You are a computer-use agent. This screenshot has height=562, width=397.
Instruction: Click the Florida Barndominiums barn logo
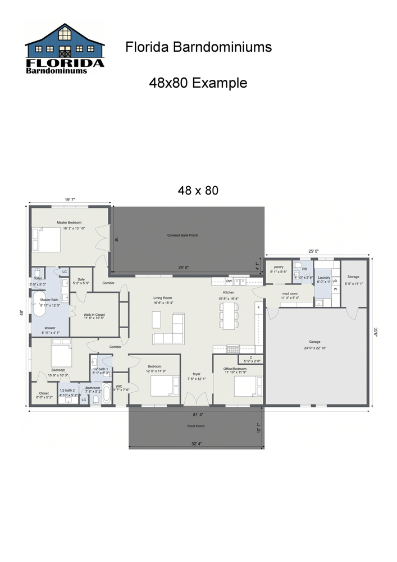[x=65, y=49]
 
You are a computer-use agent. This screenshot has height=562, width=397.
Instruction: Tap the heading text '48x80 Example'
[x=198, y=83]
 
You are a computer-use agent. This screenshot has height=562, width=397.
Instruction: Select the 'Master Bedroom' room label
[x=69, y=223]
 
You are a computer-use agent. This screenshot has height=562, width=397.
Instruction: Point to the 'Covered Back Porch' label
[x=182, y=235]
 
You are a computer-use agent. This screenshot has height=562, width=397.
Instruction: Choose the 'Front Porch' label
[x=196, y=426]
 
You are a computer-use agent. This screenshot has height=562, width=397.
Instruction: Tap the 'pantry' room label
[x=279, y=268]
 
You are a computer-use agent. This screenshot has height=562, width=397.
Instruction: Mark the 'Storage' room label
[x=353, y=277]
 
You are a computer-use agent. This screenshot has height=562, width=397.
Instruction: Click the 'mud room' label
[x=290, y=293]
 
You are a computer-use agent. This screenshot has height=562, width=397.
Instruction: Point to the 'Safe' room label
[x=81, y=280]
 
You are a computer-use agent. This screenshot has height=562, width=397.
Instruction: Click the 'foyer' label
[x=197, y=374]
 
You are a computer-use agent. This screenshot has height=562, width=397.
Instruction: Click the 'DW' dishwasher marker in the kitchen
[x=229, y=281]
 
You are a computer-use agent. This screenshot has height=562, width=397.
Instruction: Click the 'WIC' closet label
[x=119, y=387]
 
